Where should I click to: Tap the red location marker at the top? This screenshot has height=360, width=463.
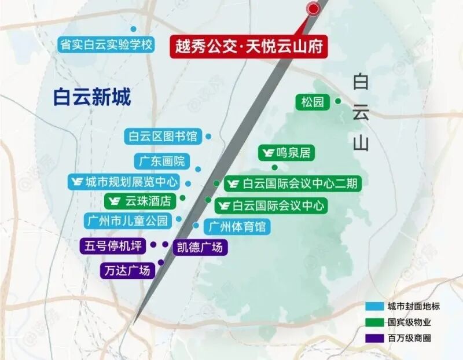tap(313, 9)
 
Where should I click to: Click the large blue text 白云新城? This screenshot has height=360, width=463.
tap(91, 97)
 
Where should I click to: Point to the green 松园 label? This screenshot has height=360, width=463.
tap(313, 102)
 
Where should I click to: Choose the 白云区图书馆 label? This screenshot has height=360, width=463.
tap(163, 137)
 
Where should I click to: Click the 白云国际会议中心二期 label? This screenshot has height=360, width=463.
tap(293, 184)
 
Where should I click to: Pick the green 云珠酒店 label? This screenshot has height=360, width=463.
tap(139, 201)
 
